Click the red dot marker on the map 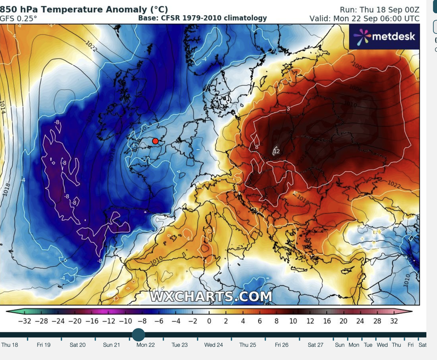155,141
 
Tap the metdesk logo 384,37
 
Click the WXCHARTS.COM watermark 211,296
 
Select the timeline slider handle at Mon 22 139,335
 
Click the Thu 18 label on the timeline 10,345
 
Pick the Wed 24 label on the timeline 214,345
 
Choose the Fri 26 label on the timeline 281,345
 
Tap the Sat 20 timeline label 78,345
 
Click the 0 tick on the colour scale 209,321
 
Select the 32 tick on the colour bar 394,321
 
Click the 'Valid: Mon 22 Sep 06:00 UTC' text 364,18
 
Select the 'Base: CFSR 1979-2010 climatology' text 202,18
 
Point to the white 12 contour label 276,151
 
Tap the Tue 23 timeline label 180,345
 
